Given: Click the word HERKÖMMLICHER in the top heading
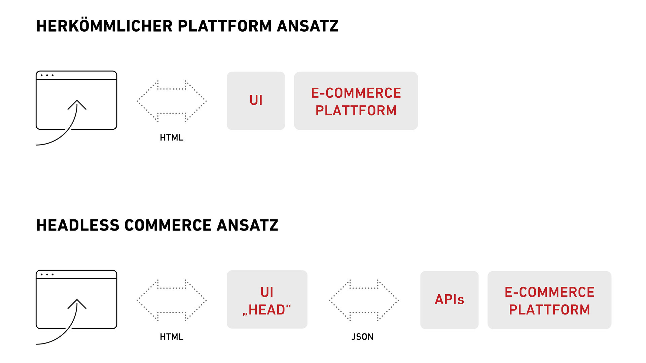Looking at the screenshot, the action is click(x=105, y=26).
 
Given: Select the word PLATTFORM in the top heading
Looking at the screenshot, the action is click(x=225, y=26).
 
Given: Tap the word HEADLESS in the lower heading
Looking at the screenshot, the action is click(x=78, y=225).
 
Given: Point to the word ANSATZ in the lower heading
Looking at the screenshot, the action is click(x=247, y=225).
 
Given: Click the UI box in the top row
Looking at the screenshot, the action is click(x=256, y=101).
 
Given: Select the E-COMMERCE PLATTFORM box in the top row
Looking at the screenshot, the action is click(x=356, y=101).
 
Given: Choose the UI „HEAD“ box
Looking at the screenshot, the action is click(x=267, y=299).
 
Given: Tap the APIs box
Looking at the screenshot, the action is click(x=450, y=300).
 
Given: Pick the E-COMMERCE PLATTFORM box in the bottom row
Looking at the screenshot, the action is click(x=549, y=300).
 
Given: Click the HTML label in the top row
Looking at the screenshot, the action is click(x=172, y=138).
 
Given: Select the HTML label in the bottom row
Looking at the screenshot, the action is click(x=172, y=337).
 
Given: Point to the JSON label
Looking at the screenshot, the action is click(x=362, y=337).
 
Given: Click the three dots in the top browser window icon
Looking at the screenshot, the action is click(x=47, y=75).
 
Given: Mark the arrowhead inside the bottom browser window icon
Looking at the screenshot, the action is click(x=77, y=304).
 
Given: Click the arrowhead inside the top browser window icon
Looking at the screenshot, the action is click(x=77, y=104).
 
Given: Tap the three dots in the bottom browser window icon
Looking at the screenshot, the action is click(x=47, y=274).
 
